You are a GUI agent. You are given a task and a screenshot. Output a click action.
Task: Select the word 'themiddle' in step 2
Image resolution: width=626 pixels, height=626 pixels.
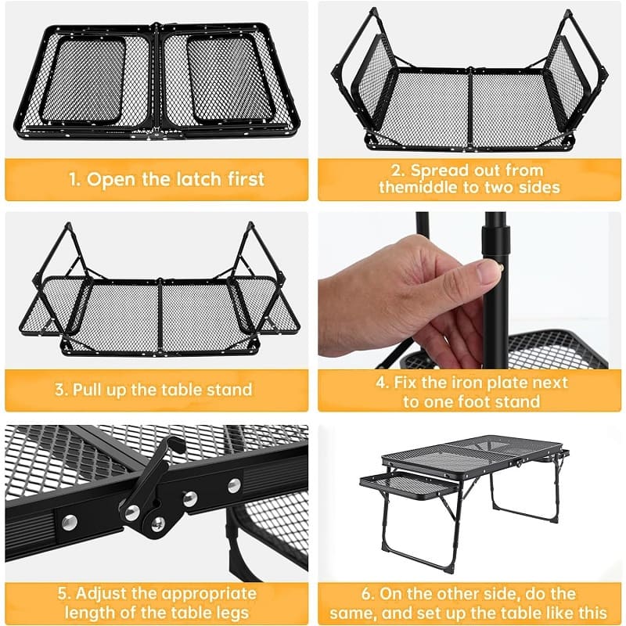pyautogui.click(x=419, y=187)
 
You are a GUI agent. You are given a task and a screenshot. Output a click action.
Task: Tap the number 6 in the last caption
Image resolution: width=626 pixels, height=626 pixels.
pyautogui.click(x=367, y=594)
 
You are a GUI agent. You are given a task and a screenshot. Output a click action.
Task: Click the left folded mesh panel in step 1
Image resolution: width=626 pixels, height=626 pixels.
pyautogui.click(x=86, y=81)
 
